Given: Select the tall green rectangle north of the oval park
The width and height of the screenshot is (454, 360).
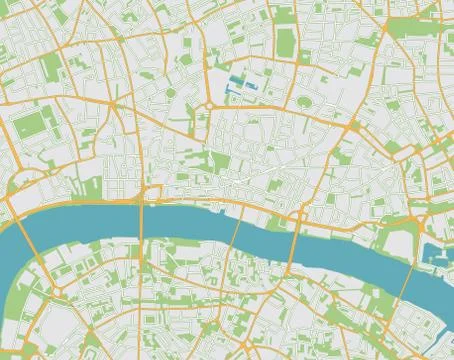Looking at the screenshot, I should pyautogui.click(x=285, y=41).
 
